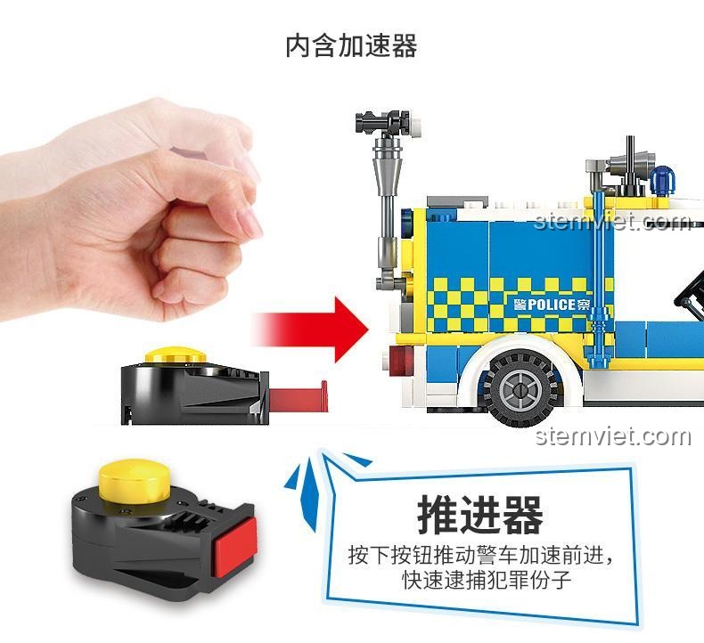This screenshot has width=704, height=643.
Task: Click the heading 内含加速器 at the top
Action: (351, 46)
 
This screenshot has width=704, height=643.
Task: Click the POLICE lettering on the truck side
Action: (552, 305)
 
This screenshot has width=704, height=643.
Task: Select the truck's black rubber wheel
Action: (521, 388)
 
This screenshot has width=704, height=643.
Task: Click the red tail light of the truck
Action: (402, 361)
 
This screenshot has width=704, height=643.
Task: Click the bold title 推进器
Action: (480, 515)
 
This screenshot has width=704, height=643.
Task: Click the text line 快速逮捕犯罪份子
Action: (487, 579)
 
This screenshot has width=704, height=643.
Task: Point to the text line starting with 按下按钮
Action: (481, 556)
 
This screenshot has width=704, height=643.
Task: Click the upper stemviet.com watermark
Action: (612, 221)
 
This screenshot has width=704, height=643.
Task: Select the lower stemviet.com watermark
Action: (613, 436)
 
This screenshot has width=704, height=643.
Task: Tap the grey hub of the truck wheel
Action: (520, 389)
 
